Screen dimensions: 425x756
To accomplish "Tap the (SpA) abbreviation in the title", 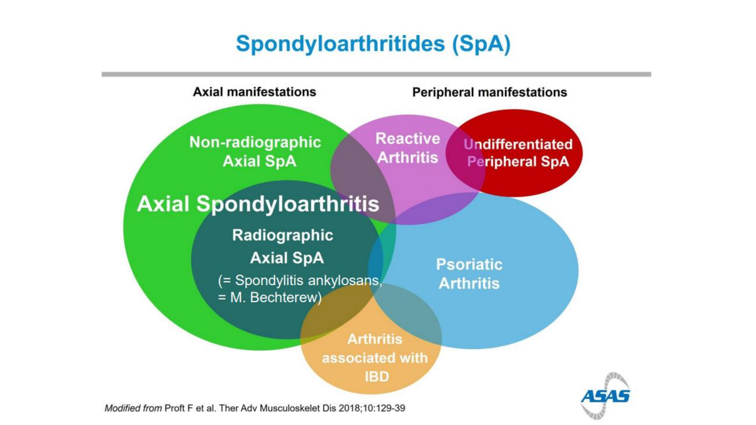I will tap(482, 44).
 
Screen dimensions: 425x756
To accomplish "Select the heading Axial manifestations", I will tap(255, 92).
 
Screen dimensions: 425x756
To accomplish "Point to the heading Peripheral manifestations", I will tap(490, 92).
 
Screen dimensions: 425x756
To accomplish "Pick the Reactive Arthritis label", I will tap(408, 148).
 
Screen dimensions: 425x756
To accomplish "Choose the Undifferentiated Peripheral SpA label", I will tap(518, 153).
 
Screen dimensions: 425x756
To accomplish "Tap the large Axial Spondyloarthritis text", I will tap(258, 204).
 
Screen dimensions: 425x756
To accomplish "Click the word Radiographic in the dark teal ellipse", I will tap(283, 235).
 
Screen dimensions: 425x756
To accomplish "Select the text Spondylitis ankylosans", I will tap(308, 280).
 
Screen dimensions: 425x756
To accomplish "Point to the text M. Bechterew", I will tap(274, 297).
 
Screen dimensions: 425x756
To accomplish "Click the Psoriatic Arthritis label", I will tap(469, 274).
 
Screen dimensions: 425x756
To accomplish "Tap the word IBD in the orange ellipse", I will tap(377, 377).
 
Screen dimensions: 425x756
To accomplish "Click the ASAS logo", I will tap(605, 396).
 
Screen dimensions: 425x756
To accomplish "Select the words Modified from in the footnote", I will tap(133, 408).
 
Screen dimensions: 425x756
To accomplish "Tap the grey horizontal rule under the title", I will tap(376, 75).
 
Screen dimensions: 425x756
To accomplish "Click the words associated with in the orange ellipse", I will tap(375, 358).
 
